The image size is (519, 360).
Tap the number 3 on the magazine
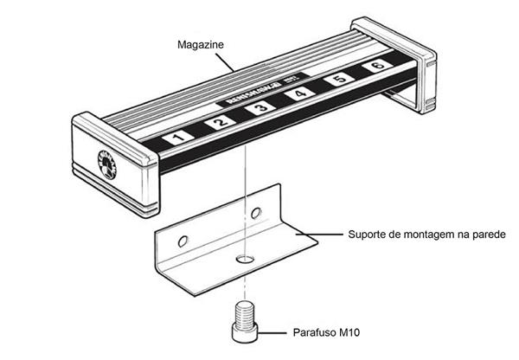(259, 109)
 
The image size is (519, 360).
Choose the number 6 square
(376, 67)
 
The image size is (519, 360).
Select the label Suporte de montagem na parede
(420, 235)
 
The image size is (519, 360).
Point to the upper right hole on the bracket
(255, 212)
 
